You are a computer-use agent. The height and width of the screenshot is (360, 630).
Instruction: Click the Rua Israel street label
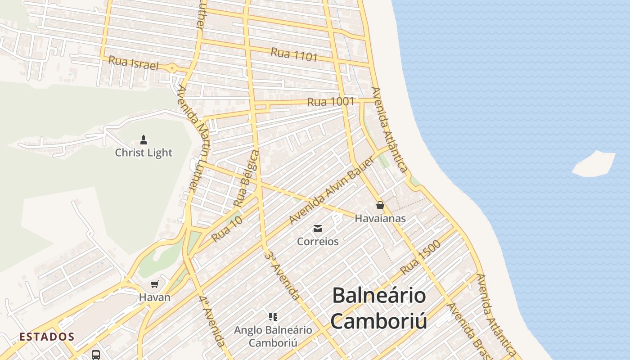point(134,63)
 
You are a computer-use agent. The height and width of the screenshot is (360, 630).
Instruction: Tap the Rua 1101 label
point(294,54)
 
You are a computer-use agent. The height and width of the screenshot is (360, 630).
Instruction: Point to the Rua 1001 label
point(331,102)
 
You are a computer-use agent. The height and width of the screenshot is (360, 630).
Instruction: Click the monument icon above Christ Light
point(144,139)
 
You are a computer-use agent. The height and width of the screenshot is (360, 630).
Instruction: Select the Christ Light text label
point(144,153)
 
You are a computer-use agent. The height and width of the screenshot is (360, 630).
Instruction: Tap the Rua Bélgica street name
point(247,179)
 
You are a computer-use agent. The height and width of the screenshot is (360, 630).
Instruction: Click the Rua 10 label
point(227,228)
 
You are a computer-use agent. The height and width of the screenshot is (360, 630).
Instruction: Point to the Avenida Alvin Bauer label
point(332,191)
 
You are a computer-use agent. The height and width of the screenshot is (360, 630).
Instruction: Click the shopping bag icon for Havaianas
point(380,206)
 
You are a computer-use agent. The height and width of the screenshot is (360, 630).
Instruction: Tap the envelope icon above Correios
point(318,229)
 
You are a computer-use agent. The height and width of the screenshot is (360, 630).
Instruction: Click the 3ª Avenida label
point(282,276)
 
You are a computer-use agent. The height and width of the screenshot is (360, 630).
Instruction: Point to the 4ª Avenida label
point(211,320)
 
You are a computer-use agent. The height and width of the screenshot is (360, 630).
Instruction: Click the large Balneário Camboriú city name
point(379,308)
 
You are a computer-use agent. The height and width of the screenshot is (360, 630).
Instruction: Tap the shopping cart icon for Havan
point(155,284)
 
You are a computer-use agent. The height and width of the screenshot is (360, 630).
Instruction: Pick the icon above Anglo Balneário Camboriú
point(273,317)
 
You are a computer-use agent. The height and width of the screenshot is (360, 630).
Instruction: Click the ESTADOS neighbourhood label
point(47,337)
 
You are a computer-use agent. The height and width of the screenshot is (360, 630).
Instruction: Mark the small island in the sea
point(594,163)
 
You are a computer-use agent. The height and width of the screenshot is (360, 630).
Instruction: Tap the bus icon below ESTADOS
point(96,355)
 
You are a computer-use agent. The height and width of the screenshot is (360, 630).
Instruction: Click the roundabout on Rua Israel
point(172,68)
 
